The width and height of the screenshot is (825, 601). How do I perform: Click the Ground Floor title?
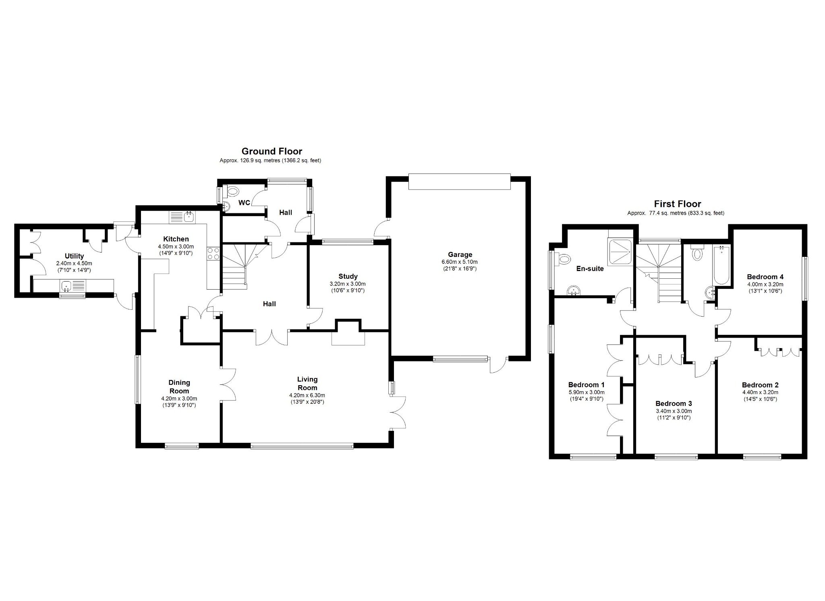[272, 151]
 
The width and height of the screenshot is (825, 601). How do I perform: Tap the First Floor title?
[678, 204]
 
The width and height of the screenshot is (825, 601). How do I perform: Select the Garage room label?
[460, 255]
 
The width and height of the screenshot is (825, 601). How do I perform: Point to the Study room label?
[348, 276]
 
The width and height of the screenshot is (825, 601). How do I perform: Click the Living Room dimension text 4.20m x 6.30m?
[307, 395]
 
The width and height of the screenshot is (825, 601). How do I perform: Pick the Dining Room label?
[179, 387]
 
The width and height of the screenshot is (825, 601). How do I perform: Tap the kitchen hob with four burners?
[214, 253]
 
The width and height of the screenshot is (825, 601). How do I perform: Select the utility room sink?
[73, 286]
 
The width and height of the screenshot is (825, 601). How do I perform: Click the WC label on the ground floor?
[244, 202]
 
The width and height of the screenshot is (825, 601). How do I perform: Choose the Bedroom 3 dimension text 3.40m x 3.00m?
[674, 411]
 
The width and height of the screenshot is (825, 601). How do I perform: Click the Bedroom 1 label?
[586, 385]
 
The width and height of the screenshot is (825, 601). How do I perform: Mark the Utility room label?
[75, 256]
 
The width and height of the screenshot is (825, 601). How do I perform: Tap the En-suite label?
[590, 269]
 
